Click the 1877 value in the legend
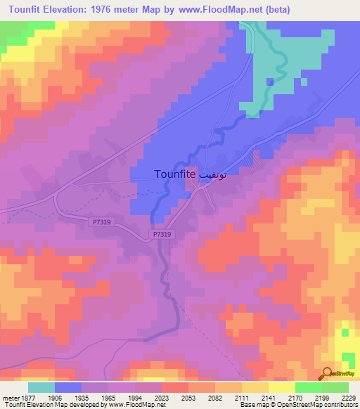[27, 398]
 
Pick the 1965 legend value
[108, 398]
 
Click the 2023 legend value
[162, 398]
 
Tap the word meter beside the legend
[10, 398]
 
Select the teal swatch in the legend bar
[41, 387]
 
